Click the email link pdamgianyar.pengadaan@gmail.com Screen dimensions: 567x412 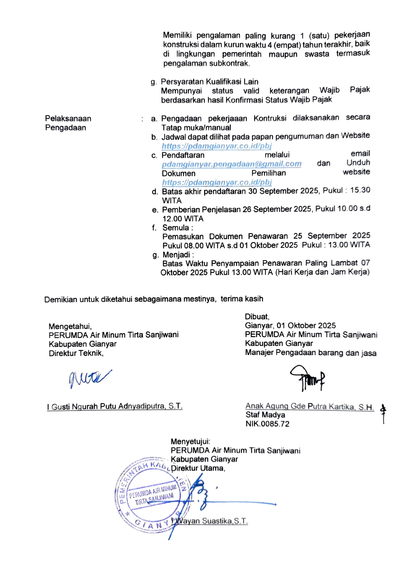(x=231, y=164)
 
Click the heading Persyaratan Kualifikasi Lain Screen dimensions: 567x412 (x=209, y=82)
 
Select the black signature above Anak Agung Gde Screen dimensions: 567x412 (x=307, y=378)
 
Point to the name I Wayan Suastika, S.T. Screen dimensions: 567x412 (x=210, y=521)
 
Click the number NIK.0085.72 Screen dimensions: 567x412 (x=267, y=424)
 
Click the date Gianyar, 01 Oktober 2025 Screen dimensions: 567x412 (x=290, y=325)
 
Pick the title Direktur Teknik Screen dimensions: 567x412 (x=76, y=353)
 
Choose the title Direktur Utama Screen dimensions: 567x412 (x=198, y=468)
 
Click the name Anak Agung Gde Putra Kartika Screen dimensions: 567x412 (x=309, y=407)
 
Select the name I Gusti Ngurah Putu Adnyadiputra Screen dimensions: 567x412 (x=114, y=407)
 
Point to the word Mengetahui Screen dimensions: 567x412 (x=70, y=326)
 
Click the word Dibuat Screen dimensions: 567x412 (x=257, y=316)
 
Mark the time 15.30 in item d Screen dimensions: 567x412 (x=360, y=190)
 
